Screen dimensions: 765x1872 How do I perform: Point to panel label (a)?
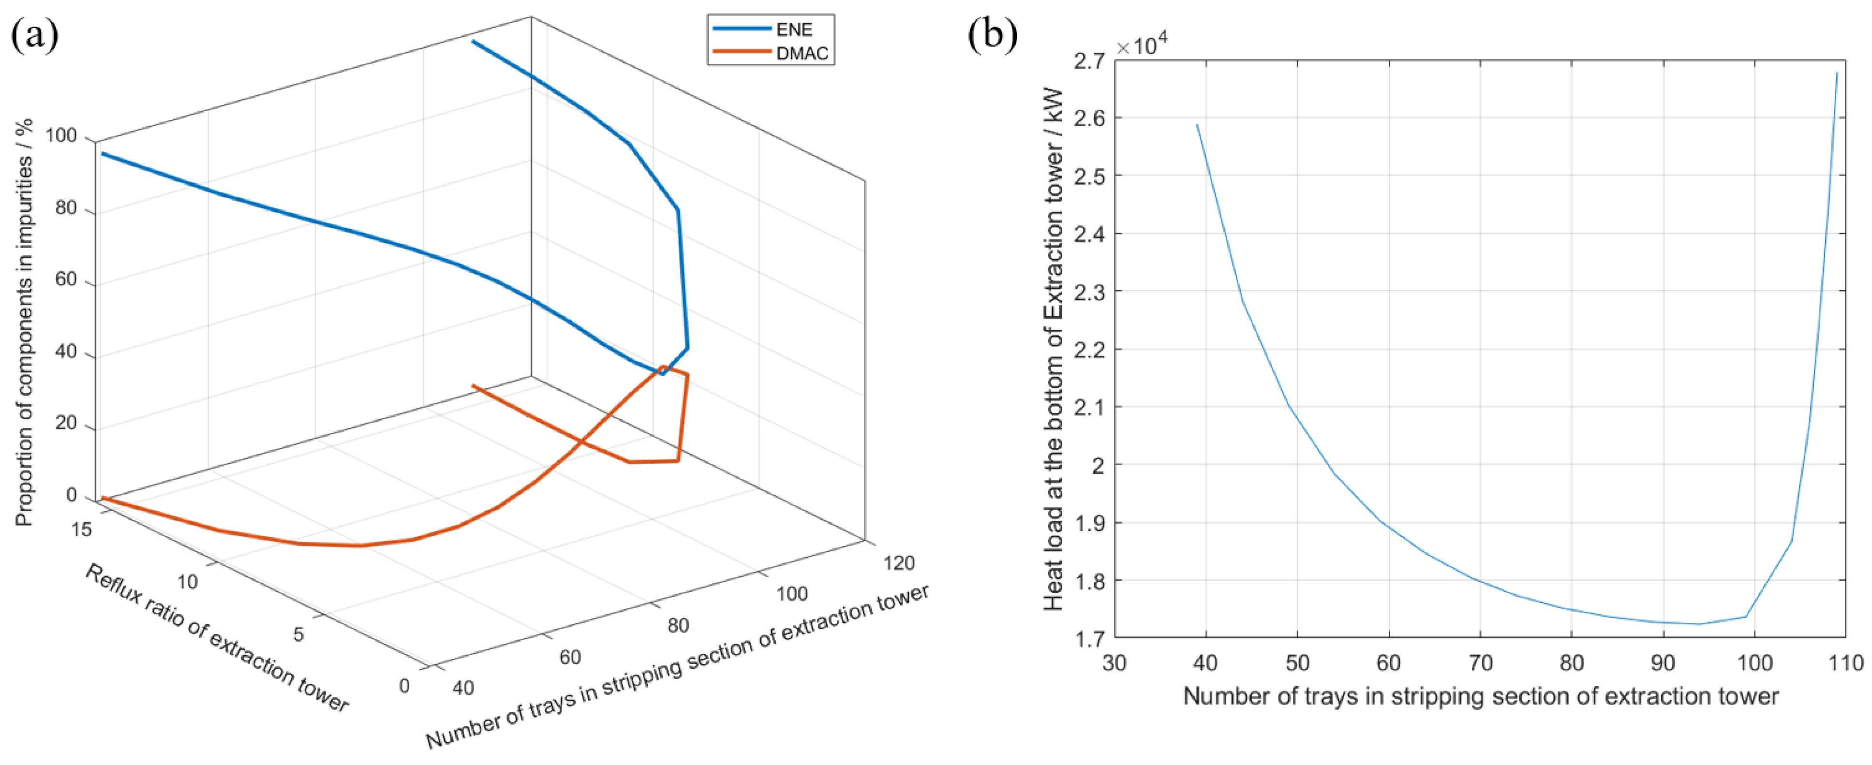(34, 35)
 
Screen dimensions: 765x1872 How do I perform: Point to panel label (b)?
(992, 35)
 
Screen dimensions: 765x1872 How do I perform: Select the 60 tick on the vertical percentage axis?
(66, 280)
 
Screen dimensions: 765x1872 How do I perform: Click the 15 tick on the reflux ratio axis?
(81, 530)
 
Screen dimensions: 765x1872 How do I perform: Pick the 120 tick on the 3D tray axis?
(899, 563)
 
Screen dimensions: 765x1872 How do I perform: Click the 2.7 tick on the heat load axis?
(1088, 60)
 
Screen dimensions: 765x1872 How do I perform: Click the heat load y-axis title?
(1053, 349)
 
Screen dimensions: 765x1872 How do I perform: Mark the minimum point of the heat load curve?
(1700, 623)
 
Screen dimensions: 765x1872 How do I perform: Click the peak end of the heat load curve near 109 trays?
(1836, 74)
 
